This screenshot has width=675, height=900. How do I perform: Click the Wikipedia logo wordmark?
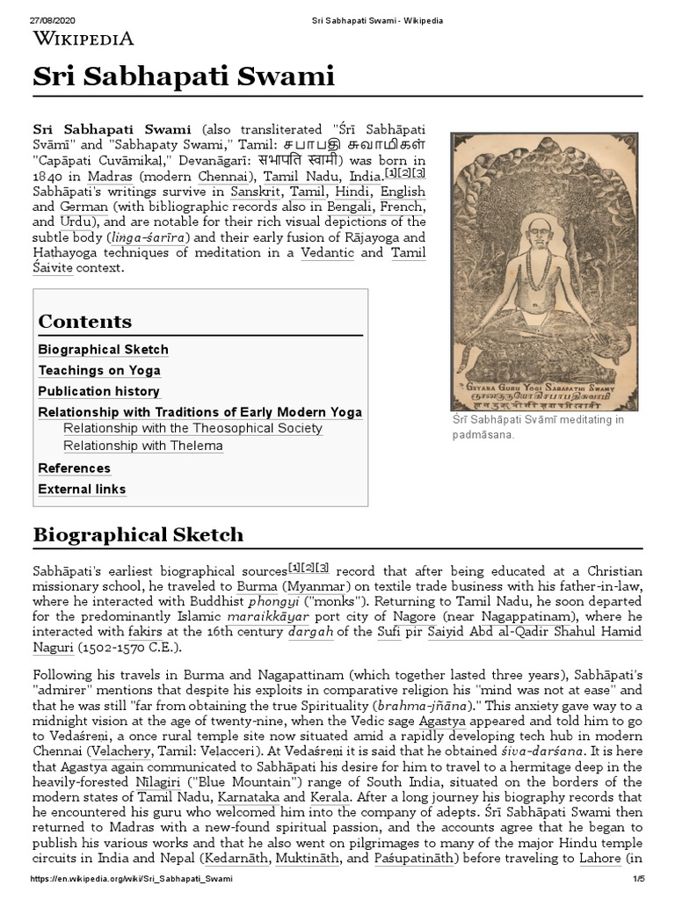pos(83,38)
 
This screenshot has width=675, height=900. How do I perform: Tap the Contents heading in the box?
pos(84,321)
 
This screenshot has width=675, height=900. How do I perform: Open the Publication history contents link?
pos(98,391)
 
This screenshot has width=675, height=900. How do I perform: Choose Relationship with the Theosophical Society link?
pos(192,428)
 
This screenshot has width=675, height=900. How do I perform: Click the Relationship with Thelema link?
pos(143,446)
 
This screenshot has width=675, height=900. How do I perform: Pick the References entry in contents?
pos(74,468)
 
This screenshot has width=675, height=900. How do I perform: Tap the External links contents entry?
pos(82,490)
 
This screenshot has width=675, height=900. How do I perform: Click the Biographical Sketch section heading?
pos(138,534)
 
